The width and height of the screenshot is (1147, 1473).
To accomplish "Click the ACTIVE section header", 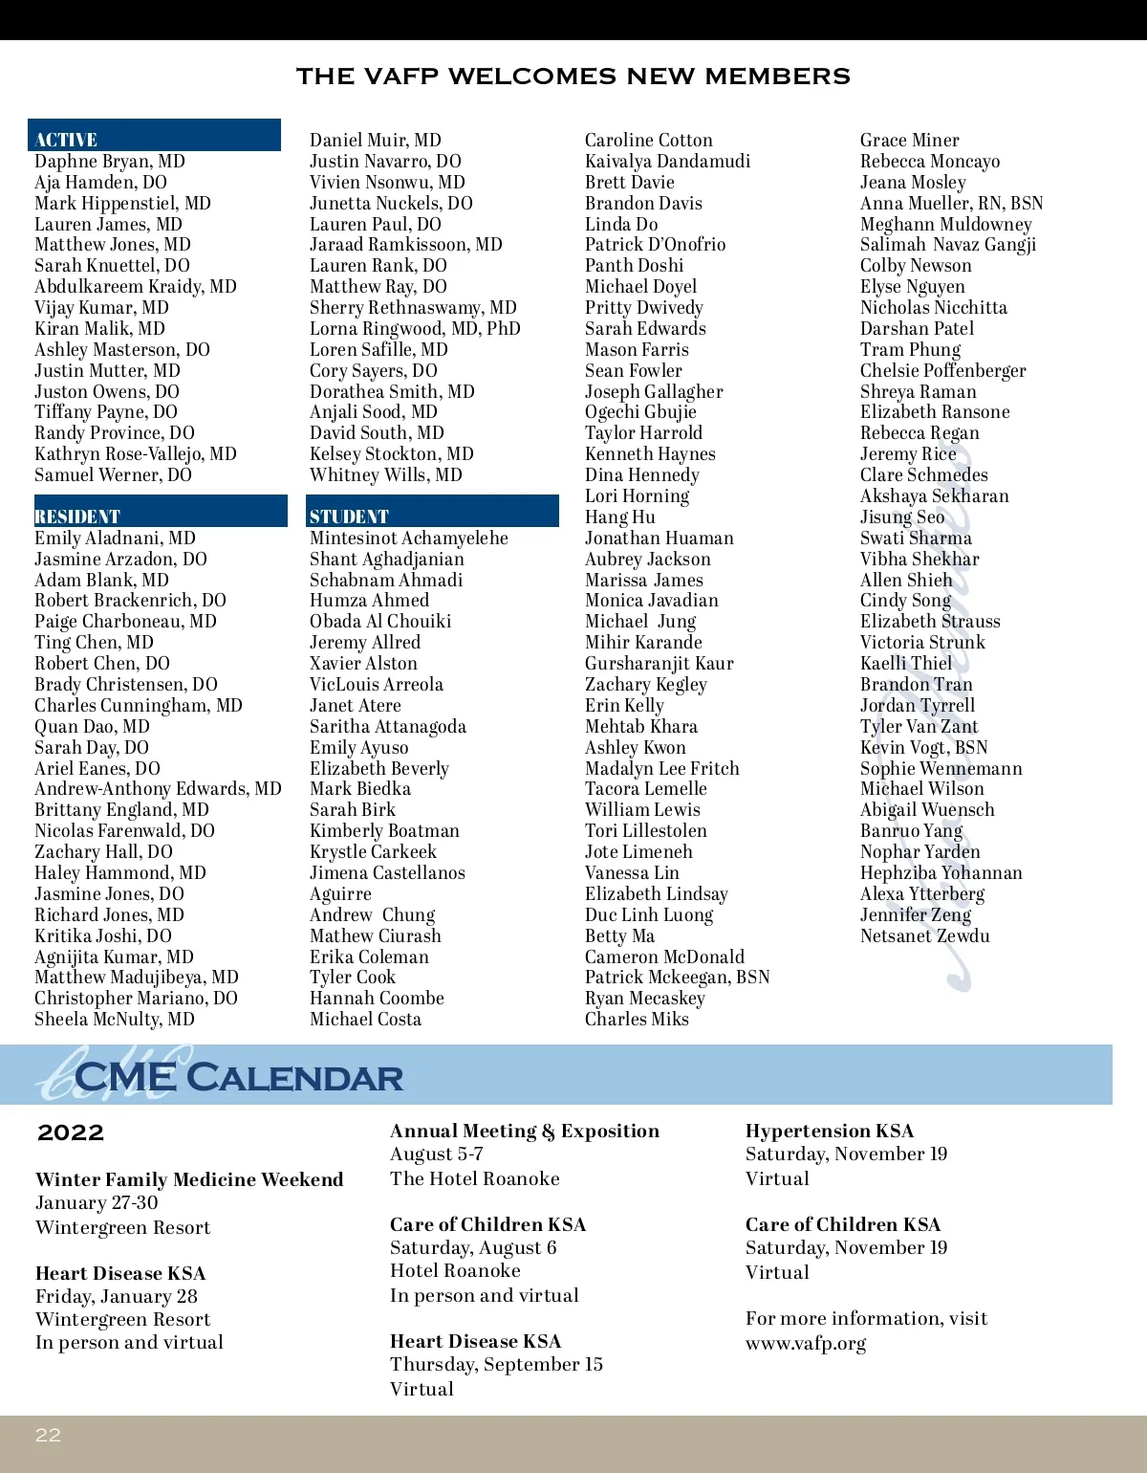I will (66, 140).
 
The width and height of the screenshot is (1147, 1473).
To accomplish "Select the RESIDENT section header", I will (77, 517).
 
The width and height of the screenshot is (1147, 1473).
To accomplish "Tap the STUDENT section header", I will (349, 517).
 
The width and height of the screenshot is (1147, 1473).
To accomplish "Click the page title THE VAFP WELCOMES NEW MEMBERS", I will (573, 77).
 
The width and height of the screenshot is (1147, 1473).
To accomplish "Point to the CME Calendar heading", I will (238, 1078).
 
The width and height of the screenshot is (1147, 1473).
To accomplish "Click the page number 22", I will (48, 1435).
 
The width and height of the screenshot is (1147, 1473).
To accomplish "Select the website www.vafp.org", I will (806, 1343).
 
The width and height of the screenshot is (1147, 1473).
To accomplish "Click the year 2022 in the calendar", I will (70, 1133).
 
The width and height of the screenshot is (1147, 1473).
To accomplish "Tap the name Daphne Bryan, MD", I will (110, 161).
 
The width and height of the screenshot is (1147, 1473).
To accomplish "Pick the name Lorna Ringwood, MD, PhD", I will (415, 328).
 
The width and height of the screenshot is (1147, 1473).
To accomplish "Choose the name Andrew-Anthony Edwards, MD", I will (158, 789).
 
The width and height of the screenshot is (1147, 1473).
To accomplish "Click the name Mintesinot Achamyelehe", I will (408, 538).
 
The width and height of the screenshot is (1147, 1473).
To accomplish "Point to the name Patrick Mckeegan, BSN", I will (677, 977).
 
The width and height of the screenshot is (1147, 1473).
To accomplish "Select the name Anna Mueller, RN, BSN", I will (951, 203).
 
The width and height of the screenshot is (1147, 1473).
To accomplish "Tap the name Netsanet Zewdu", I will (924, 935).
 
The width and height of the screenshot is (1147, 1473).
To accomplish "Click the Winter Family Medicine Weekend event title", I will (189, 1179).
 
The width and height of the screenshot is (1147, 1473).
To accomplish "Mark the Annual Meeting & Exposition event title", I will (524, 1131).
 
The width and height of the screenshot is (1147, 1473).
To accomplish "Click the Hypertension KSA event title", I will (829, 1131).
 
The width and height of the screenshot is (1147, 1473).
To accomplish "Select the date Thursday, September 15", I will (496, 1364).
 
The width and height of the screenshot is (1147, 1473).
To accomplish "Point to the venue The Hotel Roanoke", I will (474, 1178).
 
